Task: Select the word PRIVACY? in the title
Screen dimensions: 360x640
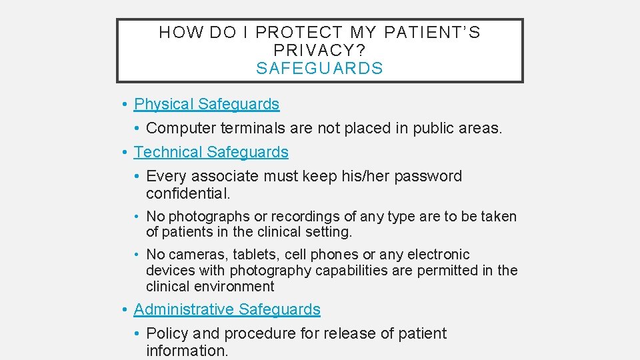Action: tap(319, 50)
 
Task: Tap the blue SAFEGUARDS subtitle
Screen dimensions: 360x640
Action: tap(319, 68)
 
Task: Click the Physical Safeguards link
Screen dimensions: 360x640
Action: tap(207, 104)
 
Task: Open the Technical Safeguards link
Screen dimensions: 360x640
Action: tap(211, 152)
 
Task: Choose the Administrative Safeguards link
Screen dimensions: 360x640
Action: tap(227, 309)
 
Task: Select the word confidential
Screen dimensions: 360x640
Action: tap(187, 193)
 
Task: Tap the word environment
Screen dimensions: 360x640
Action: tap(233, 287)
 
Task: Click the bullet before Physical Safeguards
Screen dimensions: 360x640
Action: tap(125, 105)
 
